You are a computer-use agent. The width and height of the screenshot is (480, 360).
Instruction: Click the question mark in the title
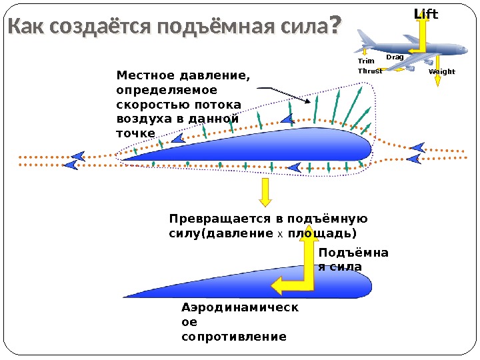coord(335,25)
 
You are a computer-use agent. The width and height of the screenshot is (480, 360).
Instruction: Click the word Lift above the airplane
coord(427,13)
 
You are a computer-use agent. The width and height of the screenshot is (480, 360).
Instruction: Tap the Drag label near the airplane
coord(395,57)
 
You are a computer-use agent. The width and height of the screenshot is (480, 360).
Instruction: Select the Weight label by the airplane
coord(442,71)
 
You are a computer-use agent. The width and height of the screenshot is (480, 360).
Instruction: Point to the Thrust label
coord(370,71)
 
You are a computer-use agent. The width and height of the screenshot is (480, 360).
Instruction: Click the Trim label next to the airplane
coord(366,61)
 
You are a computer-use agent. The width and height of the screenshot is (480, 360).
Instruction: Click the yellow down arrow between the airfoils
coord(265,193)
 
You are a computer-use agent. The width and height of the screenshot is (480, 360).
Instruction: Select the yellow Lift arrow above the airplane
coord(421,30)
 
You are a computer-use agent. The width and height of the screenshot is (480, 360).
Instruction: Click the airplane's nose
coord(465,51)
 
